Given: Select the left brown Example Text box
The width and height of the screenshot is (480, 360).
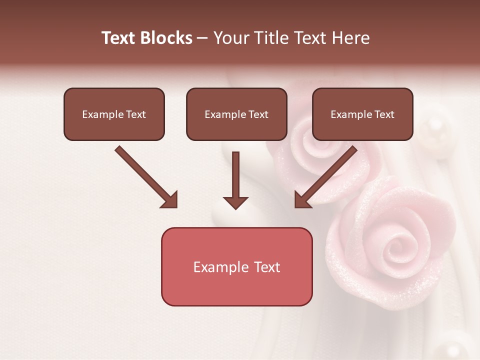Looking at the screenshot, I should click(x=114, y=114).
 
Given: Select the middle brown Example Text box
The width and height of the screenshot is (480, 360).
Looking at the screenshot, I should click(x=236, y=114).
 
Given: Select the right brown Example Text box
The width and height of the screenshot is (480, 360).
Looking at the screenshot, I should click(x=362, y=114).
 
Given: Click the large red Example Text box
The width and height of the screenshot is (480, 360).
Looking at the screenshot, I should click(x=236, y=267).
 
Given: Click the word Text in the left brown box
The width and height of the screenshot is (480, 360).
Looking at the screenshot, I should click(x=135, y=114).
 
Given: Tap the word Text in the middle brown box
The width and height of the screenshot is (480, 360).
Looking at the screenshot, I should click(x=258, y=114).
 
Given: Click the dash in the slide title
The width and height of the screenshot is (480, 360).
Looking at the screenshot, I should click(x=202, y=38).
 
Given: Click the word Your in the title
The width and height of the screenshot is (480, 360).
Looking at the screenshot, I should click(x=229, y=38).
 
